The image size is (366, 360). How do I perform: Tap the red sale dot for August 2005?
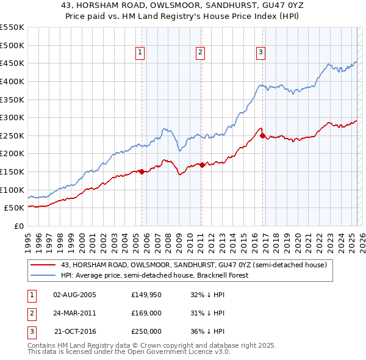(x=142, y=171)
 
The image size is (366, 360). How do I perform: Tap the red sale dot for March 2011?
(x=202, y=164)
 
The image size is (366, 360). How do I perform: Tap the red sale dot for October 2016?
(x=262, y=135)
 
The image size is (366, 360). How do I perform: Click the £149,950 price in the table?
(x=146, y=295)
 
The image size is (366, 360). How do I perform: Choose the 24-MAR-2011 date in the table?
(x=74, y=313)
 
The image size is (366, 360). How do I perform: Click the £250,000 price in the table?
(x=146, y=331)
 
